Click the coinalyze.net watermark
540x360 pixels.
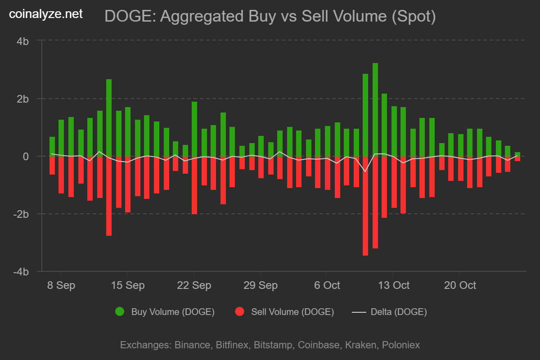coord(46,14)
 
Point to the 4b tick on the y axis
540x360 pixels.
coord(23,41)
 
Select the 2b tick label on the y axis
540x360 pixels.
coord(23,99)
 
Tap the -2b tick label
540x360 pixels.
coord(21,214)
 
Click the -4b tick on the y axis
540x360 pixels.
coord(21,272)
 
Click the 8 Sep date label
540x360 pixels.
coord(61,285)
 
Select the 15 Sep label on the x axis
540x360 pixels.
coord(127,285)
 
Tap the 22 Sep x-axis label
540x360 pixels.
coord(194,285)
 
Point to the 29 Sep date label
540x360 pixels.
coord(261,285)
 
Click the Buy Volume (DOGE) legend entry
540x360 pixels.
coord(165,311)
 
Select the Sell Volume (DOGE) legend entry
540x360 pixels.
coord(285,311)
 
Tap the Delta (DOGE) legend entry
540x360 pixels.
coord(390,311)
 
